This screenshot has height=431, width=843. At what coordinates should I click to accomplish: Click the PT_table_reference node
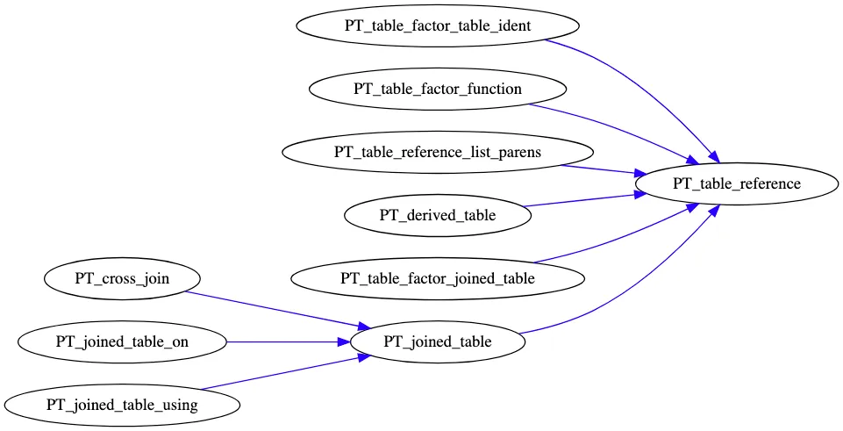736,183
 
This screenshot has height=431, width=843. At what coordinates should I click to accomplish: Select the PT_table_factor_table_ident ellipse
437,25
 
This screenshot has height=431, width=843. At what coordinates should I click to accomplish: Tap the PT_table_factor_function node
437,89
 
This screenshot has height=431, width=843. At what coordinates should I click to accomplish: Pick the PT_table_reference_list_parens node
437,152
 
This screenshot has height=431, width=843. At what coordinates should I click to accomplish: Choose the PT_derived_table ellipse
437,215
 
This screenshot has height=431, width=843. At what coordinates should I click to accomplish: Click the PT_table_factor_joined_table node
437,279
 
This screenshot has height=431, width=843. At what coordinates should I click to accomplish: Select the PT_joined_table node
437,342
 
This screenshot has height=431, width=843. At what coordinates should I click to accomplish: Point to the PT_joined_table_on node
122,342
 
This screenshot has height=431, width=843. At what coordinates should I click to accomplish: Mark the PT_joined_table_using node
122,406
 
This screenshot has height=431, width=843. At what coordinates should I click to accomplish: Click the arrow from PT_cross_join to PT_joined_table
272,309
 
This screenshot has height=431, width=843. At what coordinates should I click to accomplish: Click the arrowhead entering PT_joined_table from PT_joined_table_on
343,342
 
